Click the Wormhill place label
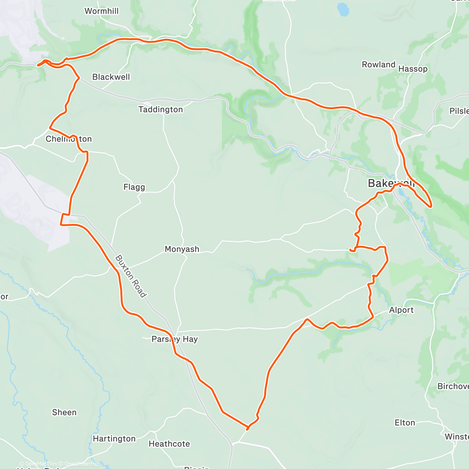tap(102, 11)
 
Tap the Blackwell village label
tap(111, 77)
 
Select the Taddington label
tap(161, 110)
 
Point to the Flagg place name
tap(134, 187)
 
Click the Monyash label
tap(182, 249)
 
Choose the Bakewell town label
tap(391, 183)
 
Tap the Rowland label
tap(378, 65)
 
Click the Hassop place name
tap(413, 69)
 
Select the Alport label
tap(401, 310)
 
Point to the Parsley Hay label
tap(174, 339)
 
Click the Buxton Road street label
tap(131, 276)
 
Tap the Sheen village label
tap(64, 413)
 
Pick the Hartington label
tap(114, 439)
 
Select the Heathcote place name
tap(169, 444)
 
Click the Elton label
tap(405, 423)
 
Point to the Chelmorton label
tap(69, 139)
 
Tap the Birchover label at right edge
tap(453, 387)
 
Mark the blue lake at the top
tap(343, 9)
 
